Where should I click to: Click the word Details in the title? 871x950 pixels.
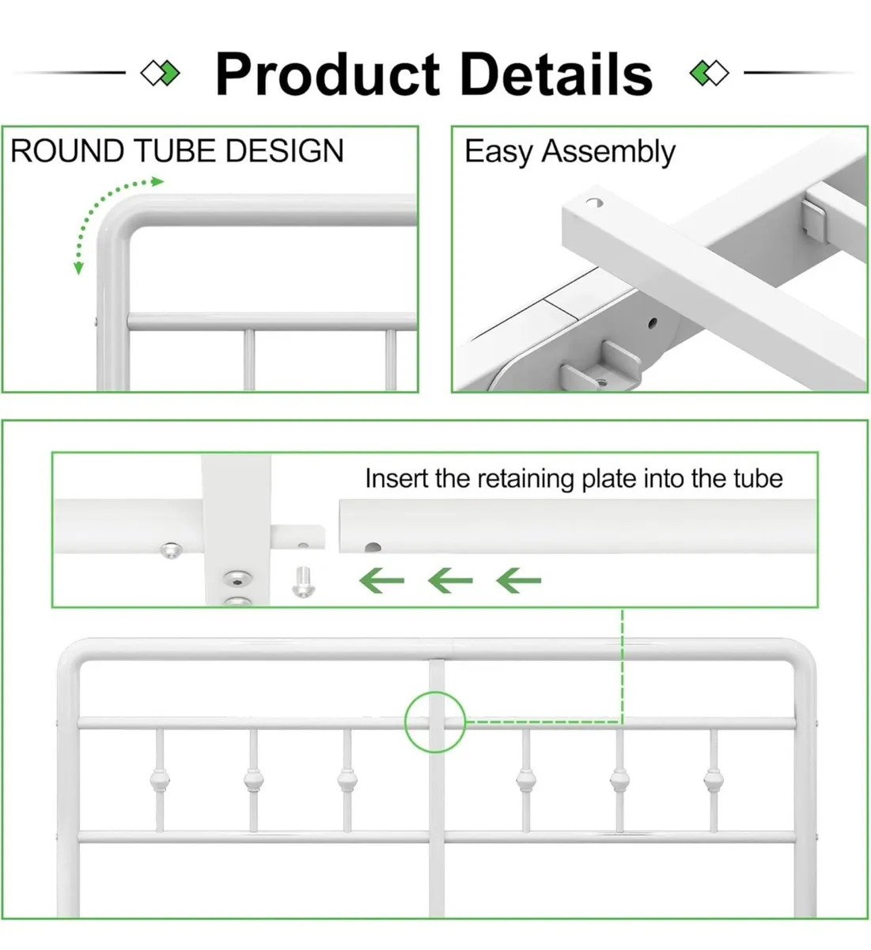(556, 74)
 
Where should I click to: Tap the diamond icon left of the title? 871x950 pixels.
(160, 74)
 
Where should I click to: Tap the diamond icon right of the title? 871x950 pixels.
(709, 74)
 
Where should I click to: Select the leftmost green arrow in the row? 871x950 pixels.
(381, 581)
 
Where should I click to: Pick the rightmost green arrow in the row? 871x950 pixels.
(519, 581)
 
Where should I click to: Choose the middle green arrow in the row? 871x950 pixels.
(450, 581)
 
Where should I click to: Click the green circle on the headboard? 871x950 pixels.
(435, 722)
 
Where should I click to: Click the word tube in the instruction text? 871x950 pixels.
(758, 479)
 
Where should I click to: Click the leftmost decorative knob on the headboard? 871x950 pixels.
(159, 781)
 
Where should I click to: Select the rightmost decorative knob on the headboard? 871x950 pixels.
(713, 781)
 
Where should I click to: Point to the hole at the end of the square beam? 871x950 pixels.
(594, 203)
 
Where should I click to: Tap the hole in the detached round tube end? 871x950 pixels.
(372, 547)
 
